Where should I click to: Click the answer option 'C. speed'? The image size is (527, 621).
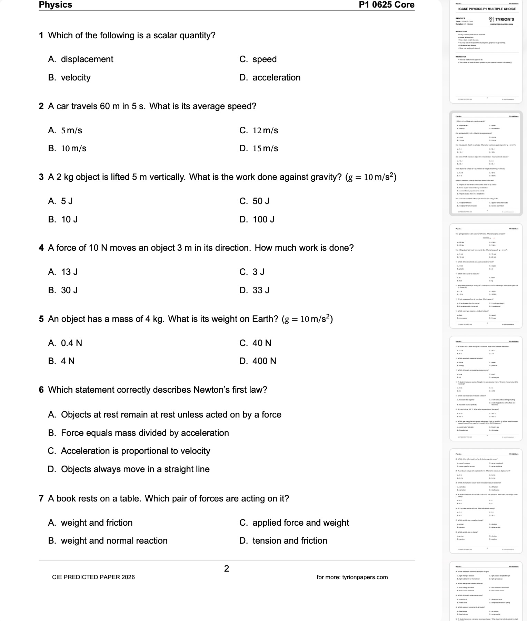pos(258,59)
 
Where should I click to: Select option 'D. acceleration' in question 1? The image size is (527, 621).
pos(270,78)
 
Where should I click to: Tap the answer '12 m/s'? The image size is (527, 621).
pos(259,131)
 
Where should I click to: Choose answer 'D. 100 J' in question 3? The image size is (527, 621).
pos(257,220)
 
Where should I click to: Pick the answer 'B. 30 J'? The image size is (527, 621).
pos(63,290)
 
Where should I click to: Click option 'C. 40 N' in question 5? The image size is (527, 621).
pos(255,343)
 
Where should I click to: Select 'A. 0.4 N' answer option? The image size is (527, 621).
pos(65,343)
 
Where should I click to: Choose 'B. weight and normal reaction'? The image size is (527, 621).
pos(108,541)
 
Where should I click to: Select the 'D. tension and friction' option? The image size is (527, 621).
pos(283,541)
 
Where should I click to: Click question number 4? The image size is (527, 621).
pos(41,248)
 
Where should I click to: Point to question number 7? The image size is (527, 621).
pos(41,499)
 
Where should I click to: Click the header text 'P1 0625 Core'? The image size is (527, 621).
pos(386,5)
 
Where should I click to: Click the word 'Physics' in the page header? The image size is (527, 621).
pos(56,5)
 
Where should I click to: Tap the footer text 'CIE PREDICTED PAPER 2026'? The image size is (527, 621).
pos(93,577)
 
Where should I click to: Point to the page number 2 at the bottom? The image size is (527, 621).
pos(227,569)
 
